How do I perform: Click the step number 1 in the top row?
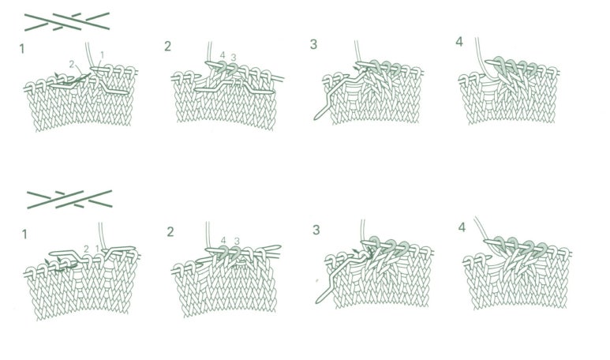[x=22, y=49]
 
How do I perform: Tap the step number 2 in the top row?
[x=167, y=47]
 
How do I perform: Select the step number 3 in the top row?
[x=313, y=44]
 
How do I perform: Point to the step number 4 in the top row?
[x=459, y=42]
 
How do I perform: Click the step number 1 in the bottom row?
[x=24, y=234]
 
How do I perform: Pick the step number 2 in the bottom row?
[x=170, y=232]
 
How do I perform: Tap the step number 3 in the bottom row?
[x=316, y=230]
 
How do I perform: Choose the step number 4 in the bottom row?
[x=462, y=227]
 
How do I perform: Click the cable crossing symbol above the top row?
[x=67, y=21]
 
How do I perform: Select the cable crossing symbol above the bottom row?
[x=69, y=199]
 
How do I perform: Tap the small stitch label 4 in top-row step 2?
[x=223, y=55]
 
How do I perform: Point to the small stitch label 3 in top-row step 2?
[x=234, y=58]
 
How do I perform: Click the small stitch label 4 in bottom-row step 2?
[x=223, y=241]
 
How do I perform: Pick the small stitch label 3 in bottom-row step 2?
[x=237, y=242]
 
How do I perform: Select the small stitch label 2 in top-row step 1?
[x=72, y=65]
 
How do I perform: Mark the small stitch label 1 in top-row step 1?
[x=102, y=54]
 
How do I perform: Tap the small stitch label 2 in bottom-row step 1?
[x=86, y=249]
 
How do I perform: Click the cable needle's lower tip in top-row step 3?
[x=316, y=118]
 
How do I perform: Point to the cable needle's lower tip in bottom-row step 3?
[x=318, y=302]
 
